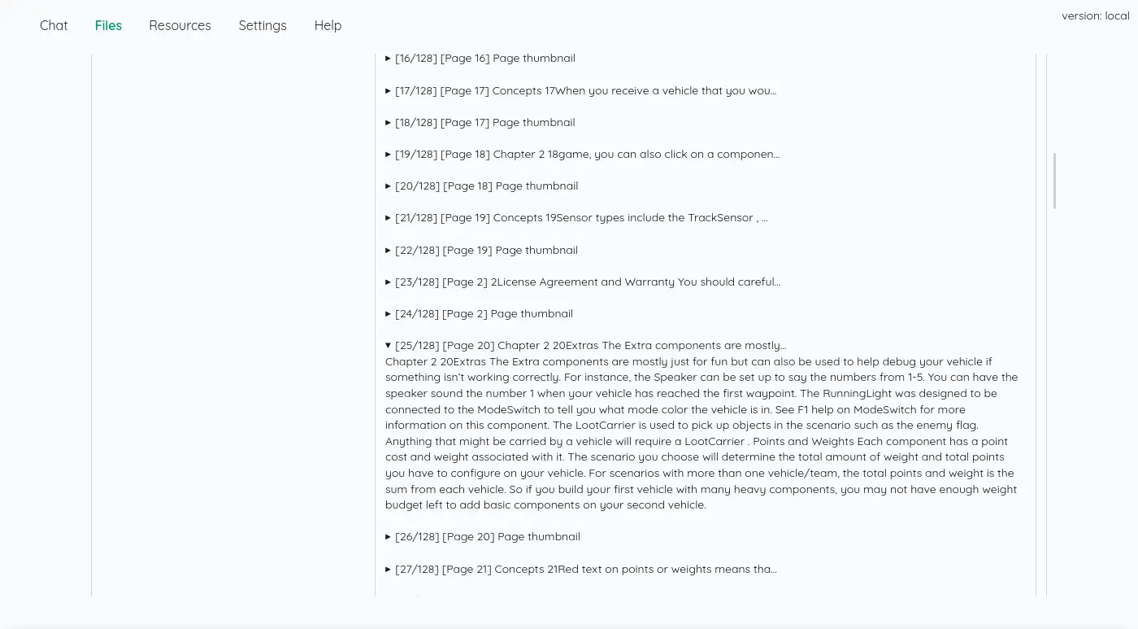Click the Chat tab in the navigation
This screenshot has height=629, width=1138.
pyautogui.click(x=54, y=25)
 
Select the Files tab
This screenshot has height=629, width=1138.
pyautogui.click(x=108, y=25)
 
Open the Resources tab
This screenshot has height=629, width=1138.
pyautogui.click(x=180, y=25)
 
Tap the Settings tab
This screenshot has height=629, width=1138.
pyautogui.click(x=263, y=25)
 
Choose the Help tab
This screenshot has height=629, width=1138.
pyautogui.click(x=328, y=25)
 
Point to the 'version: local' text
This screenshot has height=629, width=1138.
pyautogui.click(x=1095, y=15)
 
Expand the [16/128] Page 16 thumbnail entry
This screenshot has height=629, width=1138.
pyautogui.click(x=485, y=59)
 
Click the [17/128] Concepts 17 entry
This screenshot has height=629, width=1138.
pyautogui.click(x=585, y=90)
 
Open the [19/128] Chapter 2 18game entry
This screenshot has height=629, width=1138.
pyautogui.click(x=587, y=154)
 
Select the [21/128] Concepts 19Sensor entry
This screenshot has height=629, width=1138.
pyautogui.click(x=581, y=218)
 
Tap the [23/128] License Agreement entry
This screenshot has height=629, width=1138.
pyautogui.click(x=588, y=282)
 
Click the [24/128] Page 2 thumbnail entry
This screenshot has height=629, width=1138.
pyautogui.click(x=484, y=314)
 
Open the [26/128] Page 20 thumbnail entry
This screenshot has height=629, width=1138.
pyautogui.click(x=488, y=537)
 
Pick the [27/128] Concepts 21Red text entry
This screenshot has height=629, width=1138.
pyautogui.click(x=586, y=570)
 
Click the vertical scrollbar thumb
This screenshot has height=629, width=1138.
pyautogui.click(x=1054, y=181)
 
